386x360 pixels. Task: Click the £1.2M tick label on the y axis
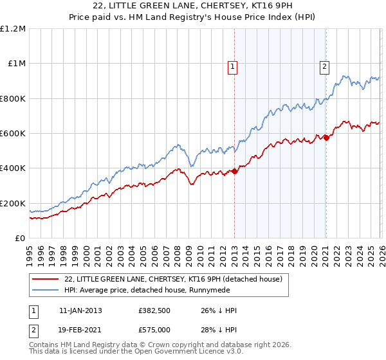point(13,29)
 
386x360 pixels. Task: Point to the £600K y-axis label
point(13,134)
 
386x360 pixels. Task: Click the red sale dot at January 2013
point(234,171)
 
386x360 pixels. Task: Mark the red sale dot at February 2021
point(326,138)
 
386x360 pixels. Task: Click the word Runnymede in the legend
point(228,291)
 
